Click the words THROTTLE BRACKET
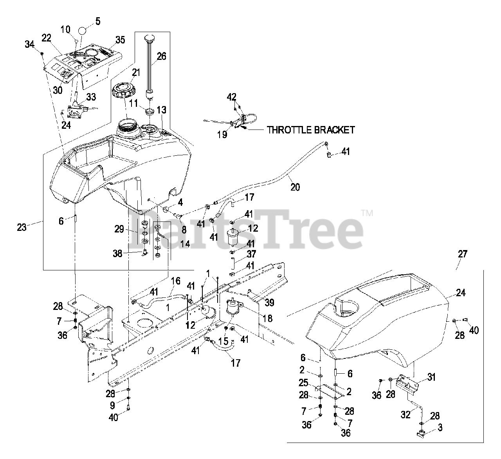pyautogui.click(x=311, y=130)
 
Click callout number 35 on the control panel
pyautogui.click(x=120, y=40)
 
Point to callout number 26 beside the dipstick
pyautogui.click(x=161, y=56)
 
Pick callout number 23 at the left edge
pyautogui.click(x=22, y=227)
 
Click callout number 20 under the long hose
pyautogui.click(x=295, y=187)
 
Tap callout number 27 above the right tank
pyautogui.click(x=462, y=254)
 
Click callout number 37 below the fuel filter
pyautogui.click(x=251, y=255)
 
